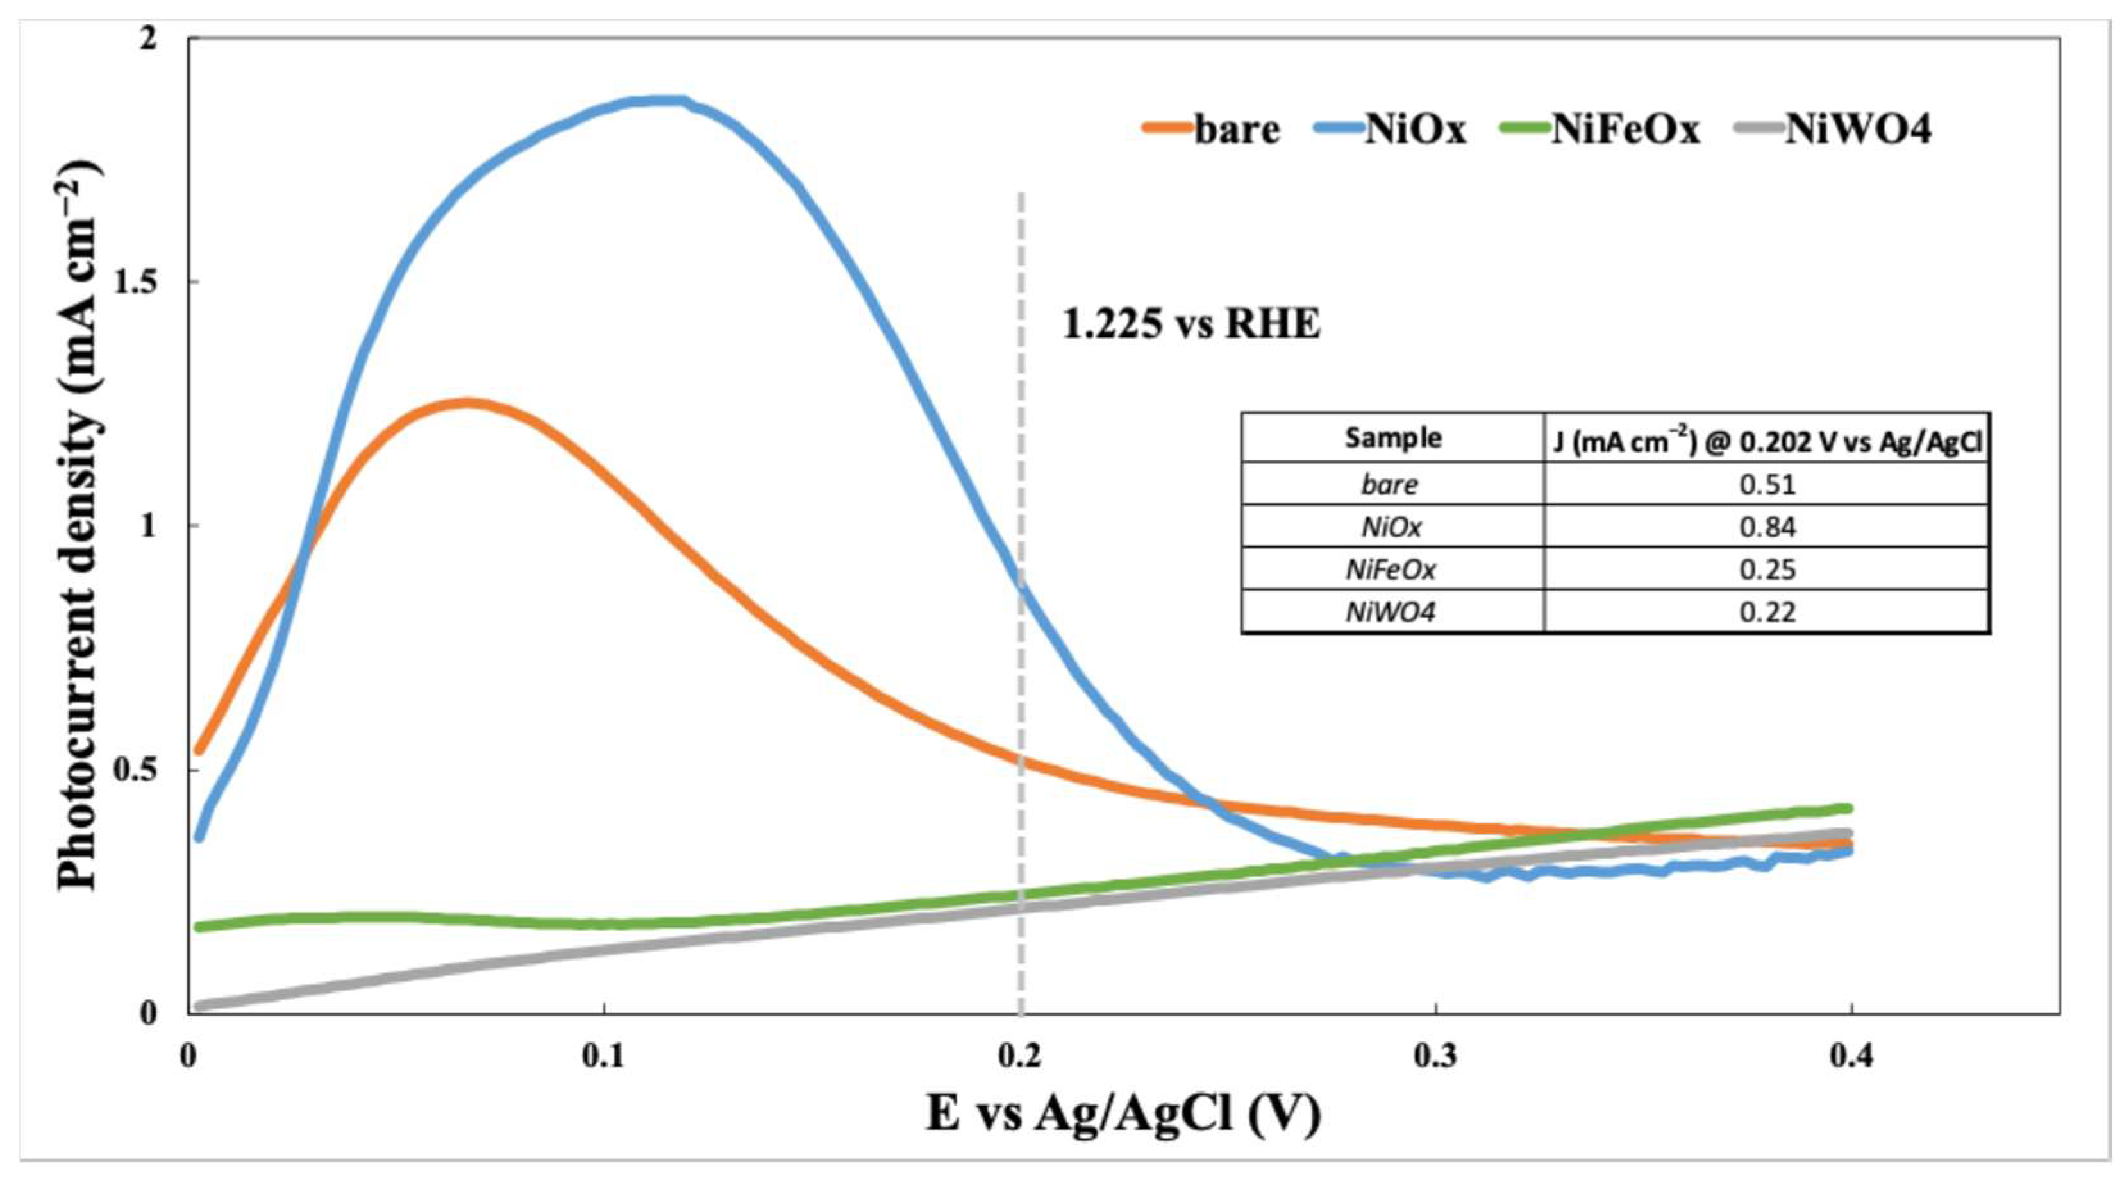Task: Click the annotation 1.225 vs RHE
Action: pos(1190,324)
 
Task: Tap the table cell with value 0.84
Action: pos(1766,526)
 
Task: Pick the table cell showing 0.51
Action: pos(1766,484)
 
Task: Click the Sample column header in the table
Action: pos(1392,437)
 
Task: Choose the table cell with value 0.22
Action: pos(1766,612)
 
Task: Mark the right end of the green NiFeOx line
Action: pos(1848,808)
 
